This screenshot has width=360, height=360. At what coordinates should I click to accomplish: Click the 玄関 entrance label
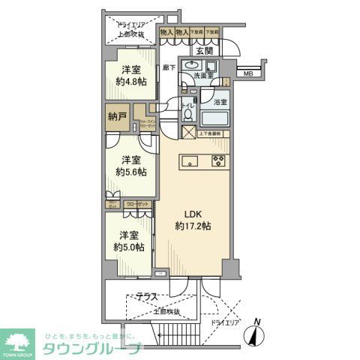pos(205,51)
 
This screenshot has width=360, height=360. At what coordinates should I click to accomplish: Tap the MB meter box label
pos(247,73)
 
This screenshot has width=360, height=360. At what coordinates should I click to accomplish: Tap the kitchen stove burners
pos(219,160)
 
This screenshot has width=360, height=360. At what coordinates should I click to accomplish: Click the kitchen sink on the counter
pos(190,159)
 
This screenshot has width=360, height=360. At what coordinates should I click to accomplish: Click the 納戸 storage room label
pos(115,118)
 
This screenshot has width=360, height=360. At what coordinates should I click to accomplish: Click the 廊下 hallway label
pos(168,67)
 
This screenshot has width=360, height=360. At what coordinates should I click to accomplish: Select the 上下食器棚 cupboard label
pos(210,133)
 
